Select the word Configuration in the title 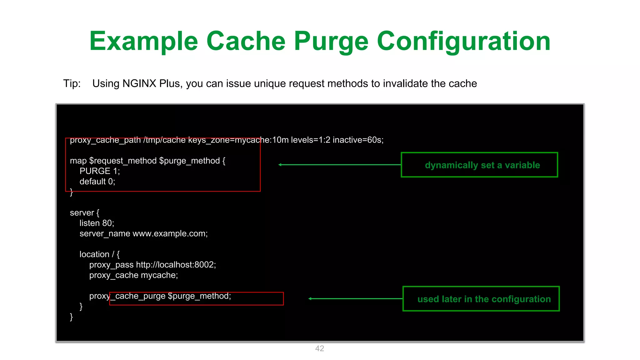point(463,41)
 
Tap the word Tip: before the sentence point(72,83)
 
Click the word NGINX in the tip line point(139,83)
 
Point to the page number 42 point(319,348)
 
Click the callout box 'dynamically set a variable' point(479,165)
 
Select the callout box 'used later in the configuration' point(481,299)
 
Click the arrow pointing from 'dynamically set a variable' point(339,165)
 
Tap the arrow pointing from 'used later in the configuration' point(355,299)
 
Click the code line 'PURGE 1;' point(100,171)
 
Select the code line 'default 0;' point(97,182)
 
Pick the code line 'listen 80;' point(97,223)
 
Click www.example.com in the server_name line point(170,233)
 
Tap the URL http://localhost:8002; point(176,265)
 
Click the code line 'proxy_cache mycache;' point(133,275)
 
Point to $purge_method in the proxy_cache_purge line point(199,296)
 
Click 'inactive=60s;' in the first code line point(358,140)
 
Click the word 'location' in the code point(94,254)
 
